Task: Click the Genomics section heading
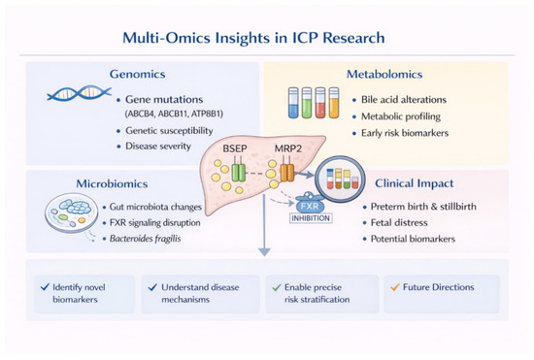(137, 74)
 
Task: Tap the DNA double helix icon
(79, 93)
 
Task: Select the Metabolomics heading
(384, 74)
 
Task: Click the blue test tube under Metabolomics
(293, 103)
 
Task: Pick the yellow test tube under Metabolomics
(334, 103)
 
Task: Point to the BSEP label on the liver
(235, 148)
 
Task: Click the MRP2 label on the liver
(288, 148)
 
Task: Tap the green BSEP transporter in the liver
(239, 172)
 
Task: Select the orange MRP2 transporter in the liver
(287, 172)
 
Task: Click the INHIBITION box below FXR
(311, 218)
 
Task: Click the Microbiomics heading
(112, 183)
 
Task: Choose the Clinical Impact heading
(415, 183)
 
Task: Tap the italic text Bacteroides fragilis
(145, 239)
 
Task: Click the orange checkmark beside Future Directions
(395, 287)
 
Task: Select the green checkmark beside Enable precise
(276, 287)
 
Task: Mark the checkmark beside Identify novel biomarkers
(45, 287)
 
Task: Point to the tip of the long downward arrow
(264, 255)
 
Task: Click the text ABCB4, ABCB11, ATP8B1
(174, 114)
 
